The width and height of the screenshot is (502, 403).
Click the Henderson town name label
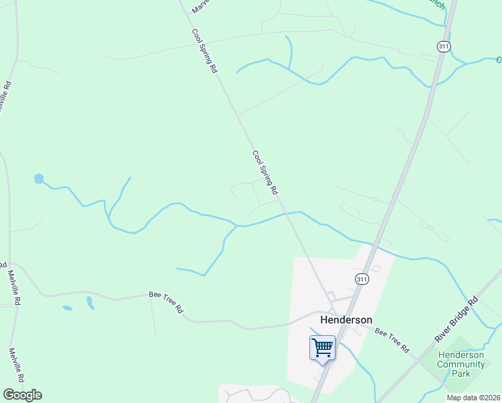click(346, 320)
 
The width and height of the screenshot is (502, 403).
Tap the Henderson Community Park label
click(460, 364)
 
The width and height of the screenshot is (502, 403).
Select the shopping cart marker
click(322, 349)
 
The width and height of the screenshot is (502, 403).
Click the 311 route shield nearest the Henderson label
click(362, 279)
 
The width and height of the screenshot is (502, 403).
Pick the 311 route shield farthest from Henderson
click(443, 46)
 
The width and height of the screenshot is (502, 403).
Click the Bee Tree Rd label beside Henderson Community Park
click(392, 341)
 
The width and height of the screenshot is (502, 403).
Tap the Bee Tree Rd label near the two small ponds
click(166, 303)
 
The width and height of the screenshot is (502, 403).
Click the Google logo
click(22, 394)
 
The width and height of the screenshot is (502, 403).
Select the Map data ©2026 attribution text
click(473, 398)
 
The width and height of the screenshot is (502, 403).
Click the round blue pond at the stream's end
click(39, 179)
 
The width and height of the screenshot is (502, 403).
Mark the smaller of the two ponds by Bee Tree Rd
click(67, 308)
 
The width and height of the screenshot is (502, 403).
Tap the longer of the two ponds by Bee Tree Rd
click(90, 303)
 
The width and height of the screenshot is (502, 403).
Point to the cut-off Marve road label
click(201, 7)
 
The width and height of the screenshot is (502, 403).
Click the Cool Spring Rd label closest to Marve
click(205, 50)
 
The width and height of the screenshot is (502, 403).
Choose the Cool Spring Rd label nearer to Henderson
click(265, 173)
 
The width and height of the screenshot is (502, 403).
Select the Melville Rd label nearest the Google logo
click(15, 365)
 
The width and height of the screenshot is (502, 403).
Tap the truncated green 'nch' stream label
click(436, 5)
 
